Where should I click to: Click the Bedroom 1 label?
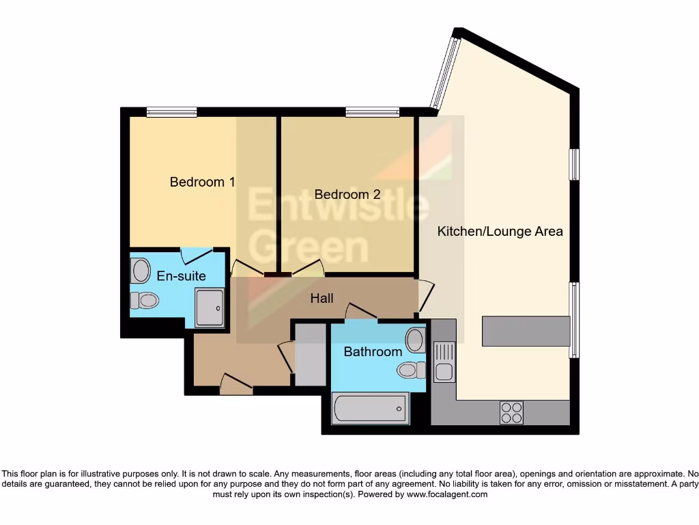(x=202, y=182)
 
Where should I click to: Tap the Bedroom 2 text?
(x=347, y=195)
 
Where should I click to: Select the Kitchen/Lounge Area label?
(x=500, y=232)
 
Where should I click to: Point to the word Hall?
(x=322, y=299)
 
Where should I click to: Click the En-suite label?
(x=182, y=276)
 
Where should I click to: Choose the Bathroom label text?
(x=373, y=352)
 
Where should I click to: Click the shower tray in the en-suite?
(x=209, y=307)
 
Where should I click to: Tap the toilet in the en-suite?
(x=145, y=300)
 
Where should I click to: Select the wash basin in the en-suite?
(x=141, y=271)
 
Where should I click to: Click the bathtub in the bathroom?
(x=370, y=409)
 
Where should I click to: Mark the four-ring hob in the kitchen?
(x=511, y=413)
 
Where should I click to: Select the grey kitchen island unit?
(x=526, y=331)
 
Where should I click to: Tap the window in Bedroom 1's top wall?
(x=171, y=112)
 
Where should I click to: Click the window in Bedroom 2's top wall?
(x=372, y=112)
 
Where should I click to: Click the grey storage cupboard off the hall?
(x=310, y=354)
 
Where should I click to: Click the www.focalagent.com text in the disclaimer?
(x=446, y=494)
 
